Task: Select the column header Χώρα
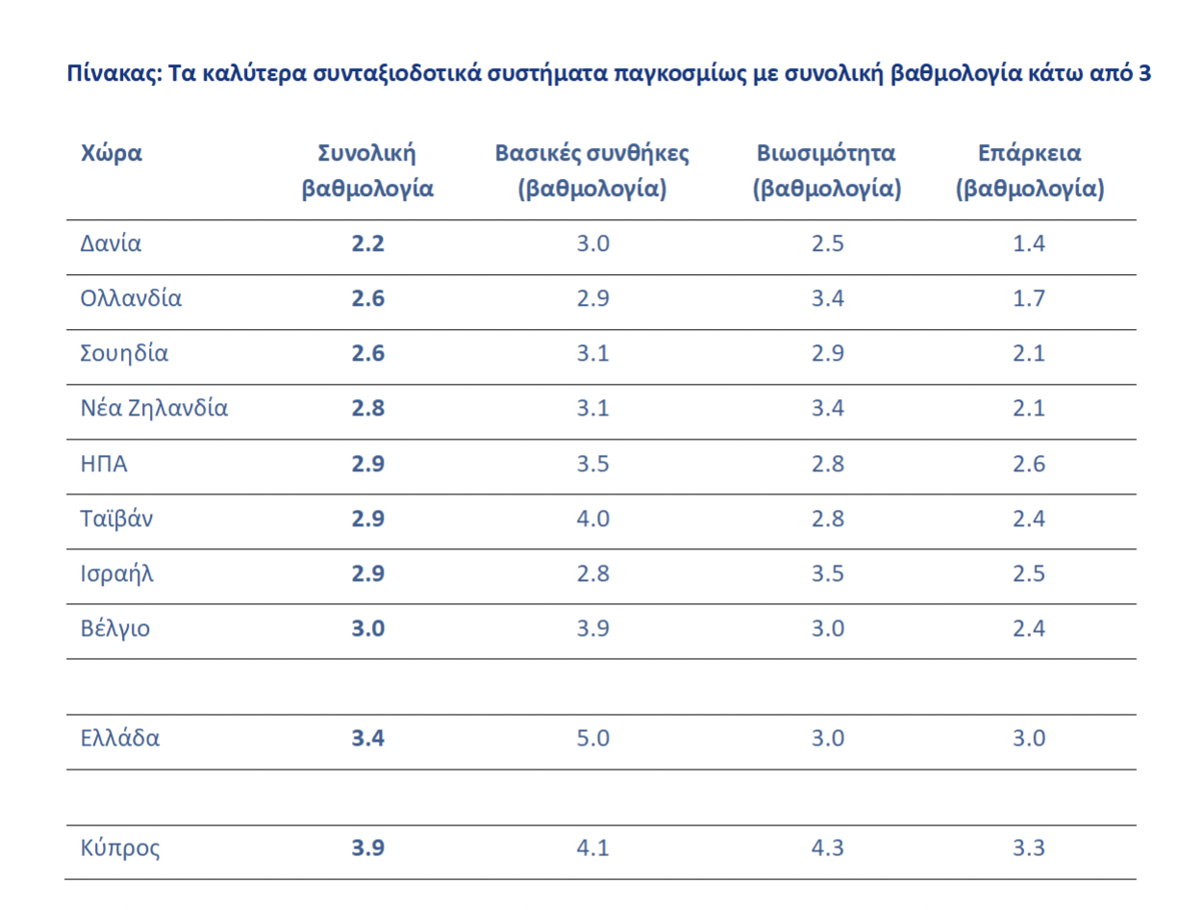[112, 153]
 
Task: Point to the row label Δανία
[111, 243]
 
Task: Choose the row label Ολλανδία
[132, 298]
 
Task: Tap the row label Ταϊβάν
[116, 519]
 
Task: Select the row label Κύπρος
[120, 849]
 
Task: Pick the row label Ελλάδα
[120, 739]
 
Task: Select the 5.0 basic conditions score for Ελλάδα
[592, 740]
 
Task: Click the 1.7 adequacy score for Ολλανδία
[1028, 299]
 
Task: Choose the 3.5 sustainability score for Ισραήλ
[827, 575]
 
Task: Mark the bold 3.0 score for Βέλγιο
[367, 630]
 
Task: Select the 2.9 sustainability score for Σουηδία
[827, 354]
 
